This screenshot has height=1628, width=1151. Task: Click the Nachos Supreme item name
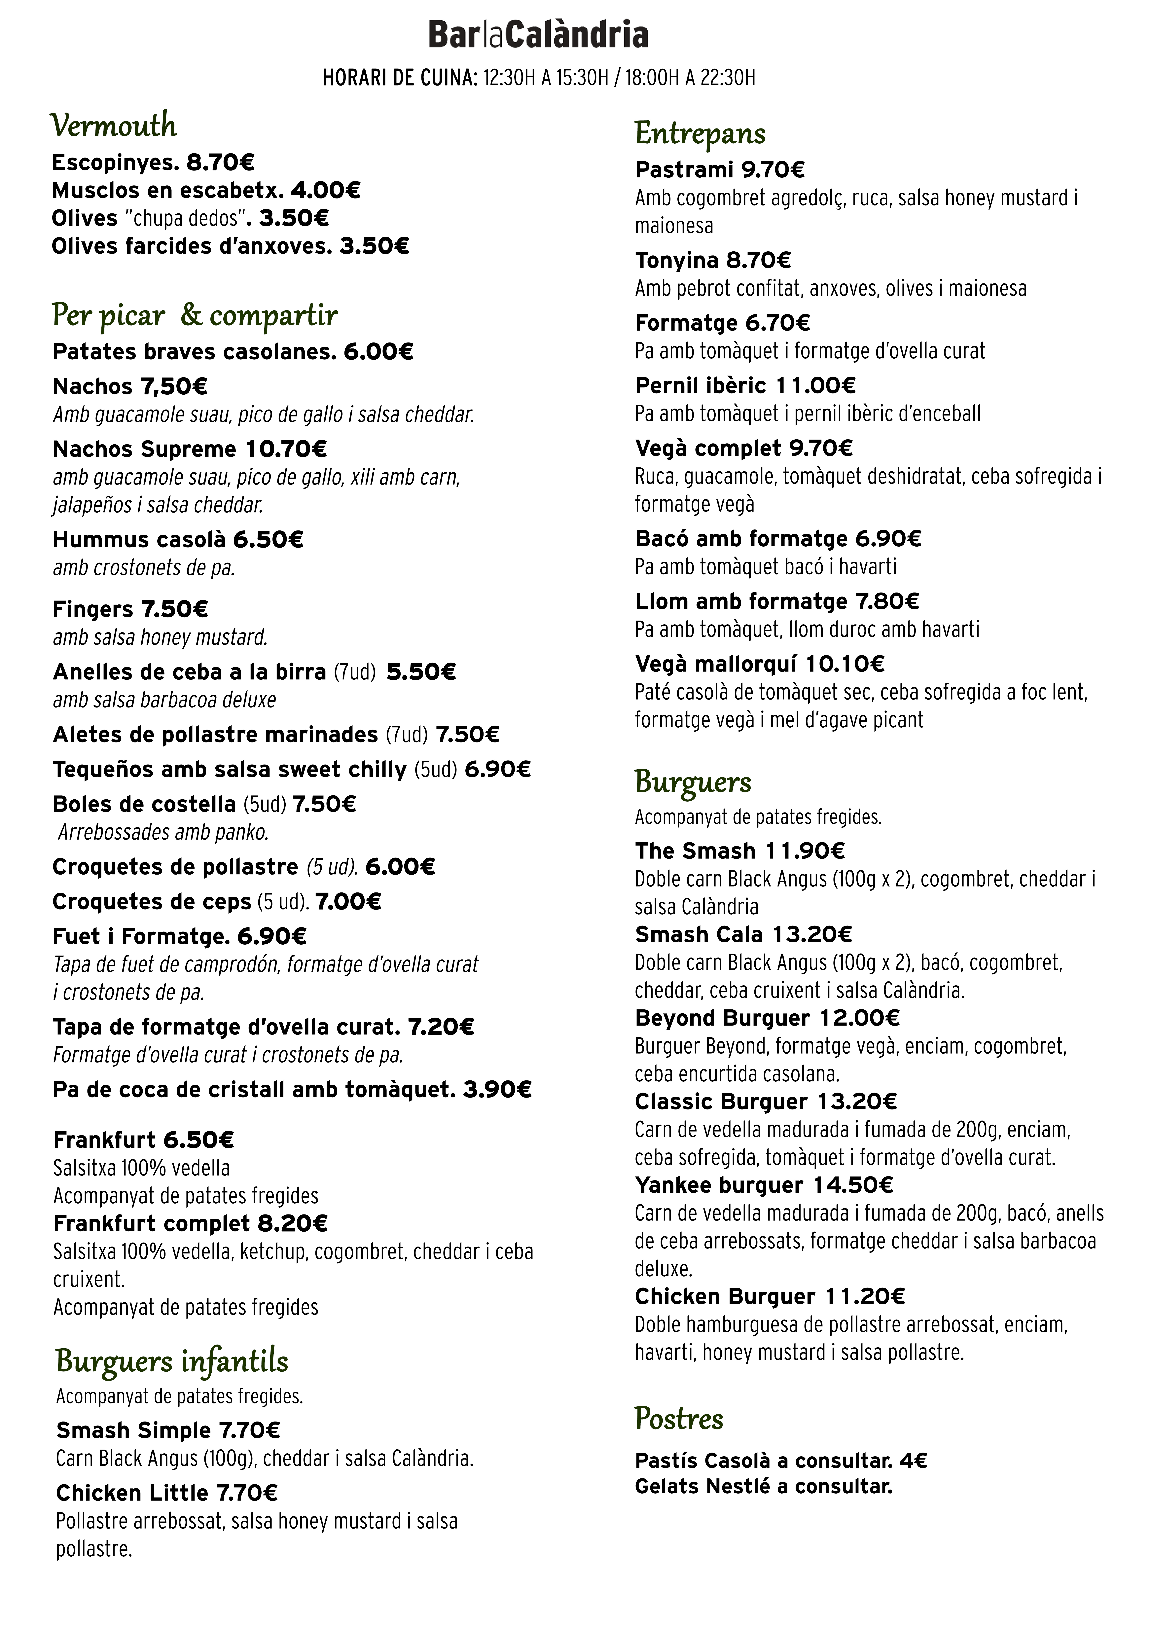tap(145, 450)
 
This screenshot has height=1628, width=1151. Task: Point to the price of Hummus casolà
tap(268, 540)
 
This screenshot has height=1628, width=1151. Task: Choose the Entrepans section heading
tap(700, 133)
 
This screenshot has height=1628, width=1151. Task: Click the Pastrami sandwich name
tap(684, 170)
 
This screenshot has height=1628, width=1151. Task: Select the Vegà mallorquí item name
tap(717, 664)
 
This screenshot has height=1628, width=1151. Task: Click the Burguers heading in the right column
tap(693, 782)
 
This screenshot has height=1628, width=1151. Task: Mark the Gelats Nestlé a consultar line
tap(763, 1486)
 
